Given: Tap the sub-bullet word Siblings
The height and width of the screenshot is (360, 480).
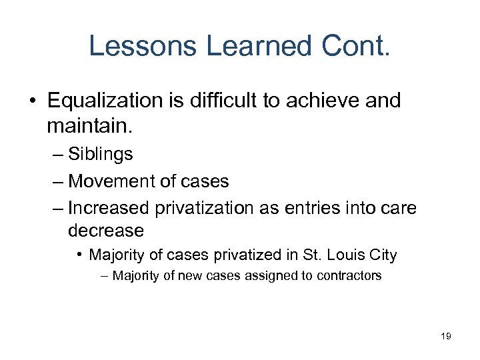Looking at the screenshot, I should point(100,154).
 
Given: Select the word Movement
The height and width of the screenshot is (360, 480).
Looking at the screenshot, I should point(110,181).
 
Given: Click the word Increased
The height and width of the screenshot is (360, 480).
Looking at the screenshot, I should point(109,208).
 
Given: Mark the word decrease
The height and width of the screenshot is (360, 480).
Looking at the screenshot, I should point(105,231).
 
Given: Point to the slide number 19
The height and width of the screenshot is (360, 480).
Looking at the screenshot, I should point(446,336).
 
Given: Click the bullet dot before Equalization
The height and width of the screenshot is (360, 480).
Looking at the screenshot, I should point(33,101).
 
